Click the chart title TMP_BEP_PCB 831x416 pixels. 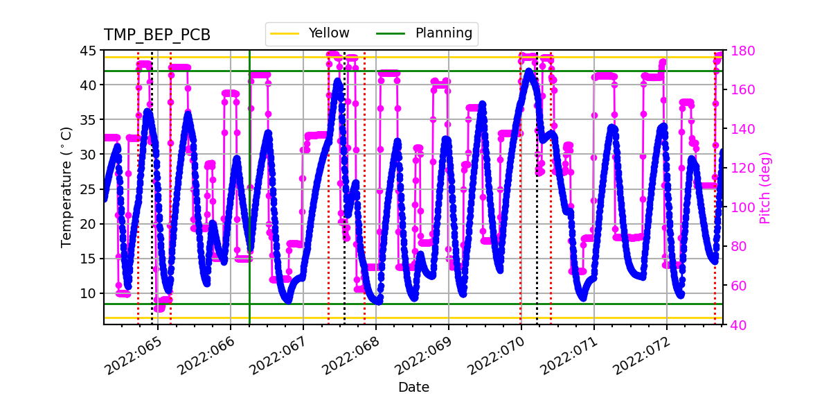click(x=157, y=35)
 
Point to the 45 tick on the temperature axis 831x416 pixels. click(x=91, y=51)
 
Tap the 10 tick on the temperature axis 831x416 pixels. click(x=91, y=293)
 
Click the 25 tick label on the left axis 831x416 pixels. click(x=91, y=189)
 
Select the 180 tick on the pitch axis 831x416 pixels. click(x=738, y=51)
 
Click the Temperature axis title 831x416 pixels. click(x=66, y=187)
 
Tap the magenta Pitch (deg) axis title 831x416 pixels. click(x=765, y=187)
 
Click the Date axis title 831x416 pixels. click(x=413, y=388)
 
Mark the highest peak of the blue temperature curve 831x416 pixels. click(x=530, y=70)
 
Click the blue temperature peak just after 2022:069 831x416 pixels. click(x=482, y=104)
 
